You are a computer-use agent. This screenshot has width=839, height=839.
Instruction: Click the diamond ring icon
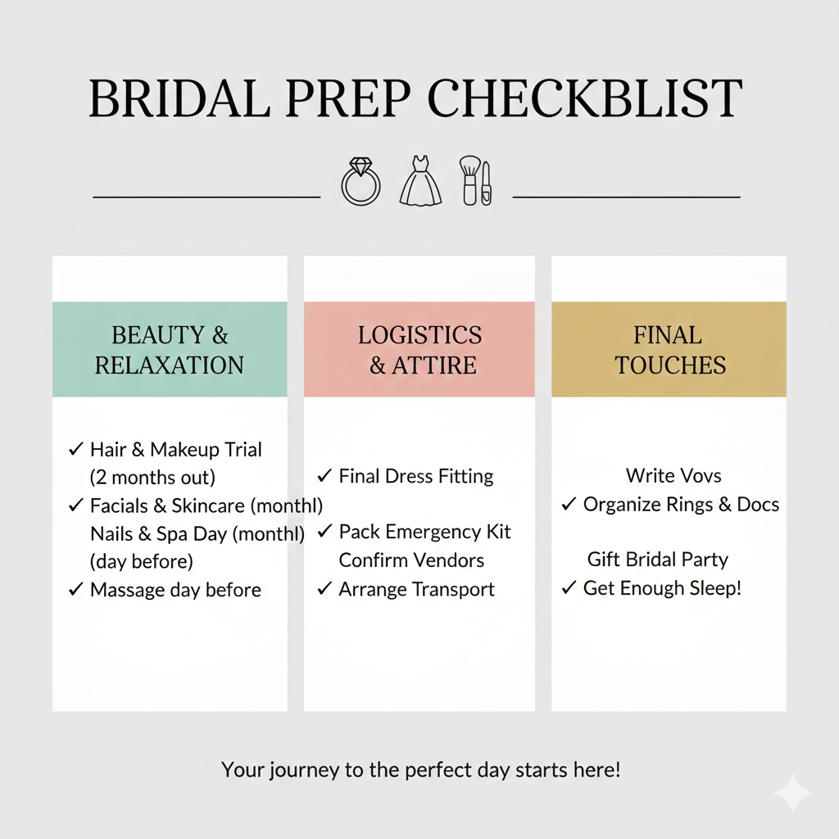(361, 181)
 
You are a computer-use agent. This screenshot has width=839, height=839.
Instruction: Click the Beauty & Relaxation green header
(170, 350)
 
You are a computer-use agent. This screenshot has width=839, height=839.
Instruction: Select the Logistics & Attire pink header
(419, 350)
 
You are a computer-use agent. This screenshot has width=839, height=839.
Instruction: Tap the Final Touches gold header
(669, 350)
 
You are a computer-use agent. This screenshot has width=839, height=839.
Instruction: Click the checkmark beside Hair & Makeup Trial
(75, 449)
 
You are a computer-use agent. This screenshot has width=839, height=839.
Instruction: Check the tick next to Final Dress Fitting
(324, 475)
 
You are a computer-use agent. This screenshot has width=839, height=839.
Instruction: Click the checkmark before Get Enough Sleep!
(569, 587)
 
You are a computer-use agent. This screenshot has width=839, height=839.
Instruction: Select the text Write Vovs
(673, 476)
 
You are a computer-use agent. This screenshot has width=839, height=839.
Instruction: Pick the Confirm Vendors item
(411, 560)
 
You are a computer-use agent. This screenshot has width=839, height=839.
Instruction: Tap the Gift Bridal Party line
(658, 560)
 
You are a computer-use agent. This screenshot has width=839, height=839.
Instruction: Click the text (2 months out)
(152, 477)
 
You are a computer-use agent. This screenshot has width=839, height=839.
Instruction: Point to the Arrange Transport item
(416, 589)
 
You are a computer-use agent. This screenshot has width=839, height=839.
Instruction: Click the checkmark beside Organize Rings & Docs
(569, 504)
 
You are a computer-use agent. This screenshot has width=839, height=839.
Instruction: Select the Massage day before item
(175, 589)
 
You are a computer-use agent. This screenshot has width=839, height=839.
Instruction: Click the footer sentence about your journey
(420, 770)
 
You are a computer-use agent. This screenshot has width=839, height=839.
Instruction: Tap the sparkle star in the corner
(793, 794)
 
